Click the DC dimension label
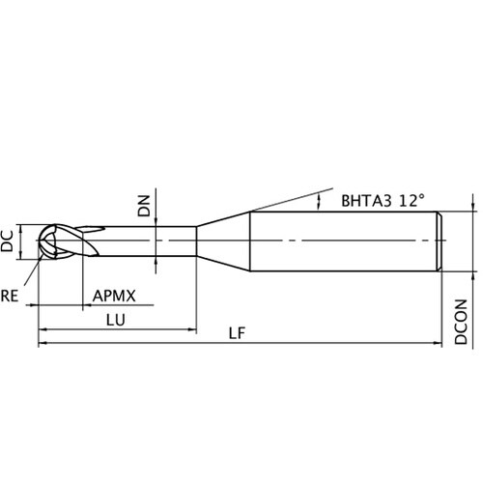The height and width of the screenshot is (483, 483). click(x=7, y=241)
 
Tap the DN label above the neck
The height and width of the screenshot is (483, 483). click(x=144, y=206)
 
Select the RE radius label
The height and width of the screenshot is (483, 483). click(x=9, y=296)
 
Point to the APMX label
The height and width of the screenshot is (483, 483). click(x=114, y=296)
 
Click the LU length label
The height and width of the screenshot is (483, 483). click(x=115, y=320)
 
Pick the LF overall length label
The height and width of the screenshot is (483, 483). click(x=237, y=333)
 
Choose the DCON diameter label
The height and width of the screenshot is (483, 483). click(x=461, y=322)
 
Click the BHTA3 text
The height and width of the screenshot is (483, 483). click(x=366, y=201)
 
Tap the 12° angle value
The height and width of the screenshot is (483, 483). click(x=412, y=200)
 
